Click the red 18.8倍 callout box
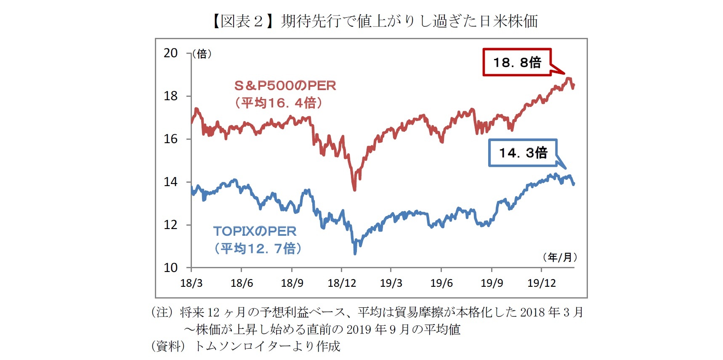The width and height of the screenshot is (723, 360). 517,62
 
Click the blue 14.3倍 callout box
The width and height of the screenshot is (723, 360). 523,152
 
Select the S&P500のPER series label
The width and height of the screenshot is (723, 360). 285,86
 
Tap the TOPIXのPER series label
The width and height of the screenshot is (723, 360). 255,231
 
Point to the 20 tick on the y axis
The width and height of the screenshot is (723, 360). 170,53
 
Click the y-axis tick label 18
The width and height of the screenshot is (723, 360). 170,96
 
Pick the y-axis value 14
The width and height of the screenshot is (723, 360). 170,182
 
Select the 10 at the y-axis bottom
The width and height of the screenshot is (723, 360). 170,268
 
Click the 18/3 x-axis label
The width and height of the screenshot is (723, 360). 191,283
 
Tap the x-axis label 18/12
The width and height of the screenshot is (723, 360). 342,283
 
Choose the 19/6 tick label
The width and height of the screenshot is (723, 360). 441,283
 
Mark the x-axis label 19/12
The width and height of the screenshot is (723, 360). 542,283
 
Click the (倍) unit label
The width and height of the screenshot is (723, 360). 202,54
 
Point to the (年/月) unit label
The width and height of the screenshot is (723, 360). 560,257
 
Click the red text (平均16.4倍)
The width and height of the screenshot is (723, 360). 279,103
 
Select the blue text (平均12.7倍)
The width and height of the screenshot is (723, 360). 258,248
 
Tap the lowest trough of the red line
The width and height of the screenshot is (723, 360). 354,189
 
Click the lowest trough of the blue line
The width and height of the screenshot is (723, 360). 355,253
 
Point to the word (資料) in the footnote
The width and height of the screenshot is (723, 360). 168,346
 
